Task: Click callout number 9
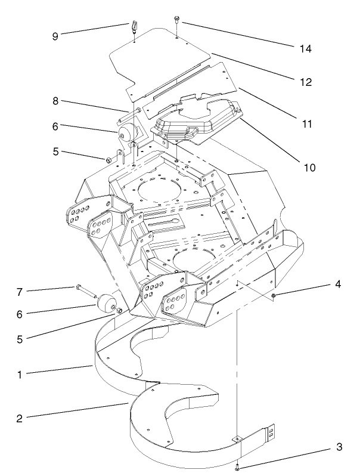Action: pos(55,35)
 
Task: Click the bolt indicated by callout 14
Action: pos(177,21)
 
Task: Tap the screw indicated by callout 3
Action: pos(238,466)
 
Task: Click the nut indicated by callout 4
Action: pos(272,296)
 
